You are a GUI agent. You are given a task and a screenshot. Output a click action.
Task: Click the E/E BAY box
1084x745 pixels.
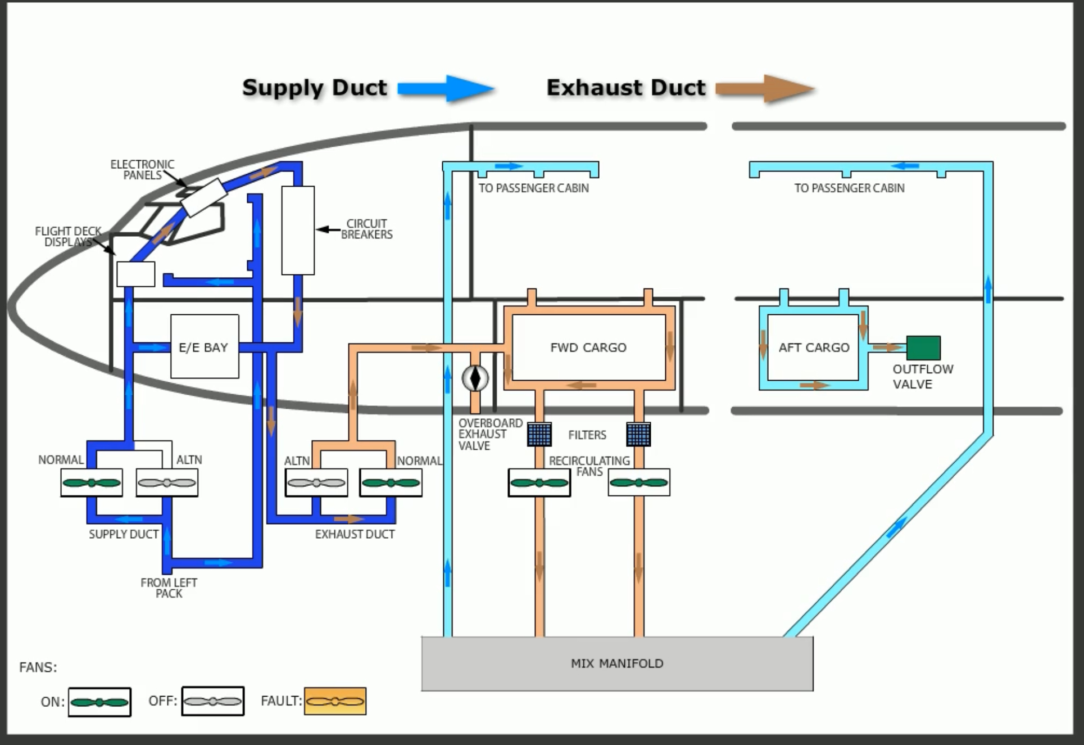coord(204,347)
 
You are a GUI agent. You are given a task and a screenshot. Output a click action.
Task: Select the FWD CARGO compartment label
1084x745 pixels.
coord(588,347)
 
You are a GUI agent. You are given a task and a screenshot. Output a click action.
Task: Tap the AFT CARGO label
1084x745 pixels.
coord(814,347)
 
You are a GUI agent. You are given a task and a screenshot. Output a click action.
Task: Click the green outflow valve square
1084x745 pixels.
coord(923,347)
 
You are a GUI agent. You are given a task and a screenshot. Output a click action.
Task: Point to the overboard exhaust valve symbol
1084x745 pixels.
coord(475,378)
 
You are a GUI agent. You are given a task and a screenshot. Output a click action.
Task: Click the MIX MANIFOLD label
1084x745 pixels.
coord(617,663)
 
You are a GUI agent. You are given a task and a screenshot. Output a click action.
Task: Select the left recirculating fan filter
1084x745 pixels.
coord(539,434)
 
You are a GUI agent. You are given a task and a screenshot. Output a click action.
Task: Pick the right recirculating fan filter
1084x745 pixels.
coord(638,434)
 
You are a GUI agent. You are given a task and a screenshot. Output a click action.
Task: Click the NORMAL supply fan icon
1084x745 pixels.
coord(92,482)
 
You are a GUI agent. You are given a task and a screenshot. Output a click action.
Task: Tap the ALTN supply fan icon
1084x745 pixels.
coord(167,482)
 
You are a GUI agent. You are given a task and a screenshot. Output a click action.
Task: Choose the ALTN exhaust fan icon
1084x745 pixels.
coord(316,482)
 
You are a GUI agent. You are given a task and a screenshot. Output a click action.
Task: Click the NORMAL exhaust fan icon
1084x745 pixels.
coord(391,482)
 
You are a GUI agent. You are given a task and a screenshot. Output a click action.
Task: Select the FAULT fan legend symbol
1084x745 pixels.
coord(335,701)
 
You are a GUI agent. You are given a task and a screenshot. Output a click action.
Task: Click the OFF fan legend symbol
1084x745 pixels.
coord(213,701)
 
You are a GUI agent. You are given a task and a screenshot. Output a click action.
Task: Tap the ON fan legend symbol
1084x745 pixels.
coord(99,702)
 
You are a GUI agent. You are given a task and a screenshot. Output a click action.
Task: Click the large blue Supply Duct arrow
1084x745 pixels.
coord(446,88)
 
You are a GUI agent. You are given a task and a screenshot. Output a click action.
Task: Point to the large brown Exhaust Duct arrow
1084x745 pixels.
coord(765,88)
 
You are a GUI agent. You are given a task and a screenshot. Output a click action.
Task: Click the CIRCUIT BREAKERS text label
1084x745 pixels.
coord(366,229)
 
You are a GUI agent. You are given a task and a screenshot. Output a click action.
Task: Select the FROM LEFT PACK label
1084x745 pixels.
coord(169,588)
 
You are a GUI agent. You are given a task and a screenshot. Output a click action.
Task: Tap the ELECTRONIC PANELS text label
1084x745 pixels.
coord(142,169)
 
